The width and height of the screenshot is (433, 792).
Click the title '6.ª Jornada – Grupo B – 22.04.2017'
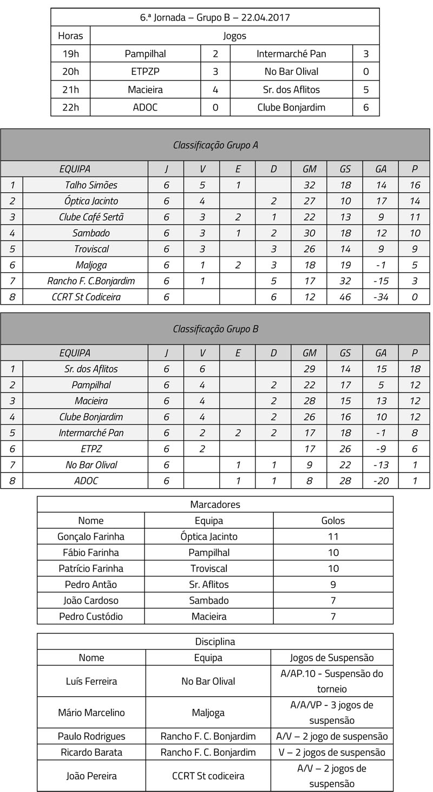(x=215, y=17)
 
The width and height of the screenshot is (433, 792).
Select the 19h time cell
(x=70, y=54)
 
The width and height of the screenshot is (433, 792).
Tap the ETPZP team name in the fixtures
(x=145, y=71)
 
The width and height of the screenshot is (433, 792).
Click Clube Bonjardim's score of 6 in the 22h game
(x=366, y=107)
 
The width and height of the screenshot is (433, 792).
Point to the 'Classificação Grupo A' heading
(x=215, y=145)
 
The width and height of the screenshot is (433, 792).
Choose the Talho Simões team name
(x=91, y=185)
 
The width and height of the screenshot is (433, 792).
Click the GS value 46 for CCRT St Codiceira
(x=345, y=297)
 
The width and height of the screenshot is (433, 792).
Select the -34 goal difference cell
(x=380, y=297)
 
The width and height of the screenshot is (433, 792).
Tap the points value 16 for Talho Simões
(x=414, y=185)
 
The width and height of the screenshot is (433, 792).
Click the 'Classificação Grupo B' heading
(x=215, y=329)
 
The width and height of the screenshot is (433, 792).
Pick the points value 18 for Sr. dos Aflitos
(x=414, y=369)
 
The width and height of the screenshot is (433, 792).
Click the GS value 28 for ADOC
(x=345, y=481)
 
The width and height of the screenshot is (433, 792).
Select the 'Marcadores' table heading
(x=215, y=505)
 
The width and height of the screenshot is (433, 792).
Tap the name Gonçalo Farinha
(x=91, y=536)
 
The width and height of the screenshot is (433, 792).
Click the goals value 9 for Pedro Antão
(x=333, y=585)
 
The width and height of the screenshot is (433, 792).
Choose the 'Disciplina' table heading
(x=215, y=642)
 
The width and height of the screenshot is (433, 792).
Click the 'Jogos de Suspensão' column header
(x=332, y=658)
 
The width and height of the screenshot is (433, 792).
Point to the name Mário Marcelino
(x=91, y=712)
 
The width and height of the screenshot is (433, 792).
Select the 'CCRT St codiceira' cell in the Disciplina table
(x=208, y=776)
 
